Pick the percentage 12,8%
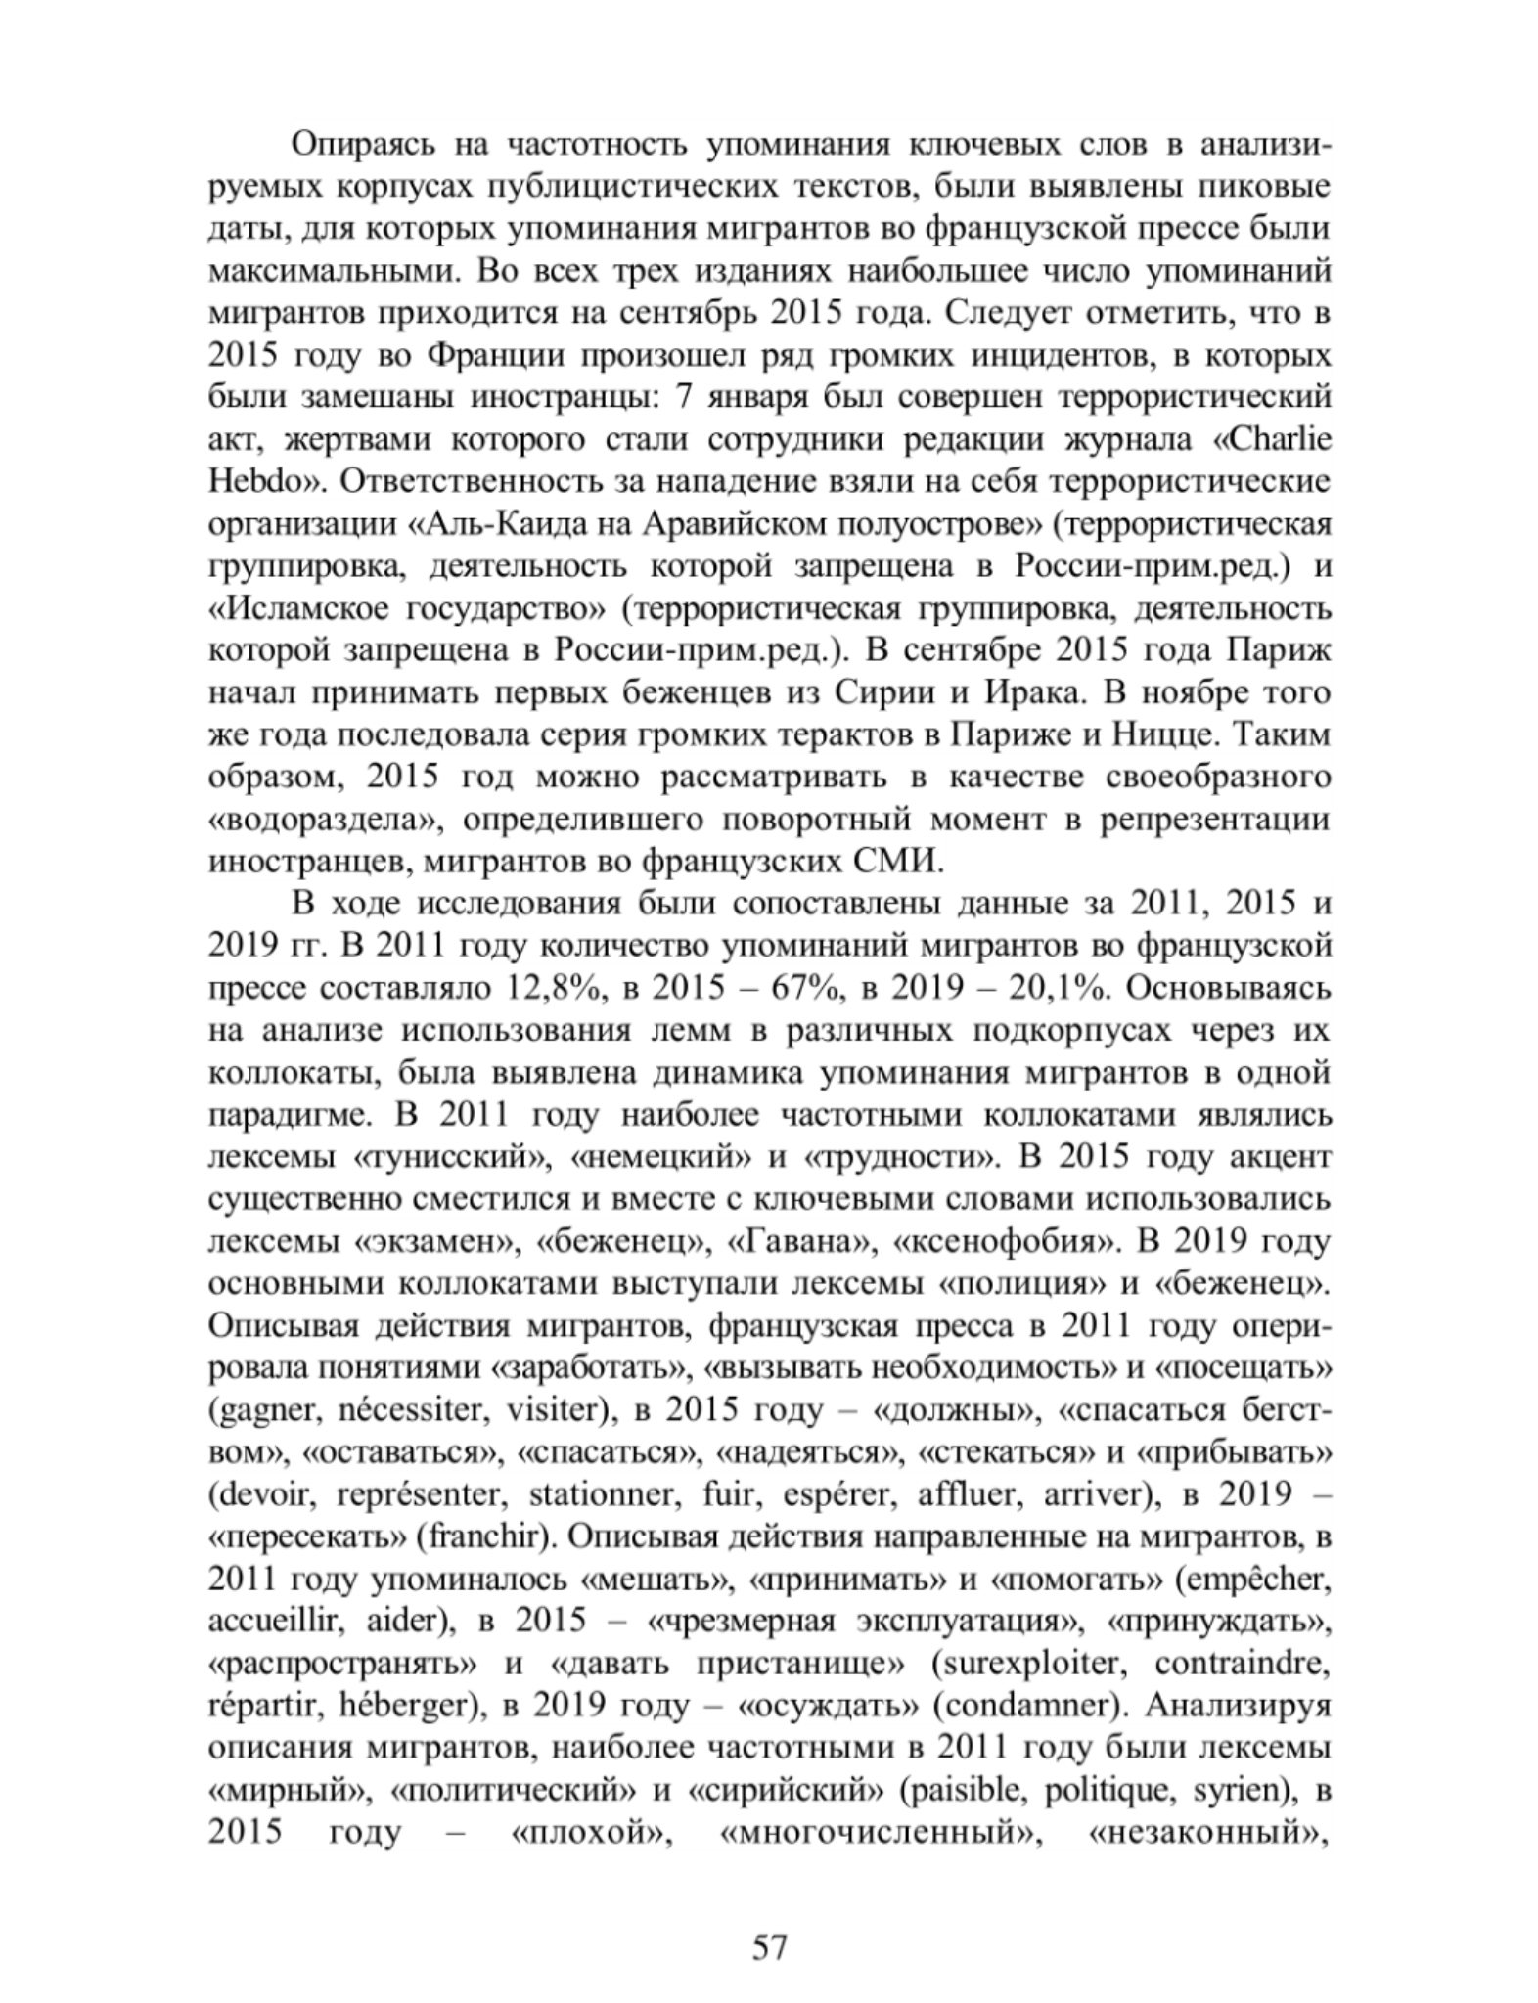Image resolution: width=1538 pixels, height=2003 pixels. [552, 987]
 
